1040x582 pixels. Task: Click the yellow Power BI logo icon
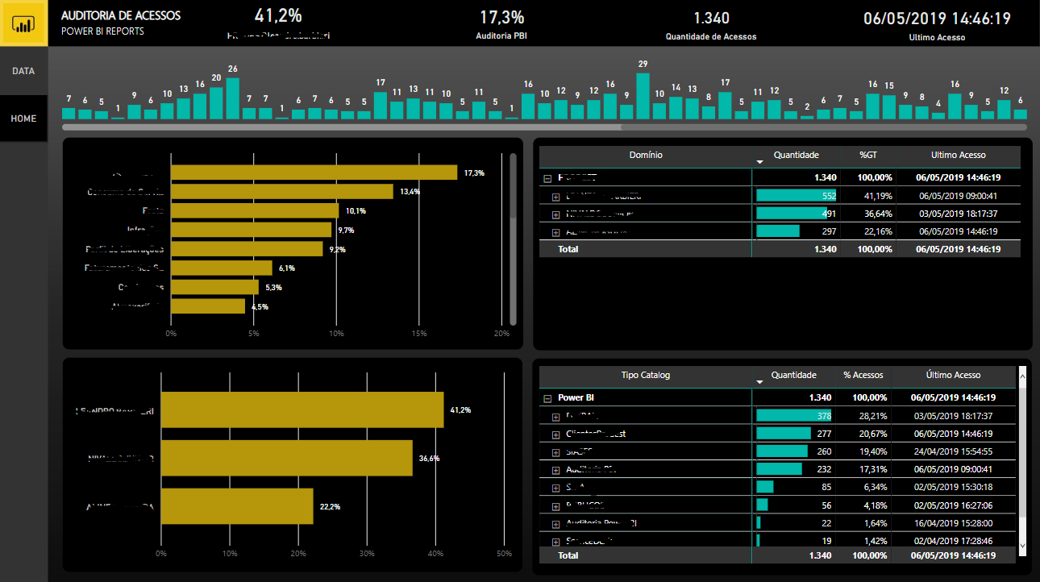[x=23, y=23]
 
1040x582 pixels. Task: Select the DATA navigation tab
[x=23, y=71]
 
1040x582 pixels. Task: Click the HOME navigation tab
[x=23, y=118]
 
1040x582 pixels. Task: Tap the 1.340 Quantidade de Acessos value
[x=710, y=18]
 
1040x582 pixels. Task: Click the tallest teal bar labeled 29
[x=643, y=97]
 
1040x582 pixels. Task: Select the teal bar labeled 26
[x=232, y=98]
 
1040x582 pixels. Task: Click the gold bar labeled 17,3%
[x=314, y=173]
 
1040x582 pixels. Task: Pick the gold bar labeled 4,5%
[x=207, y=306]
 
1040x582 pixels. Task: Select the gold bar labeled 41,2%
[x=302, y=410]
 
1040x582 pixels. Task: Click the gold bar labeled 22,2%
[x=236, y=506]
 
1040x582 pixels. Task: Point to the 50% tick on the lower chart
[x=504, y=554]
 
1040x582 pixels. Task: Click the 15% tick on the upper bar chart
[x=419, y=333]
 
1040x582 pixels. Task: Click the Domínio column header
[x=645, y=155]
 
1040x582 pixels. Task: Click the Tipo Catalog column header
[x=645, y=375]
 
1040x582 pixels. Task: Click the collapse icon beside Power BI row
[x=547, y=398]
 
